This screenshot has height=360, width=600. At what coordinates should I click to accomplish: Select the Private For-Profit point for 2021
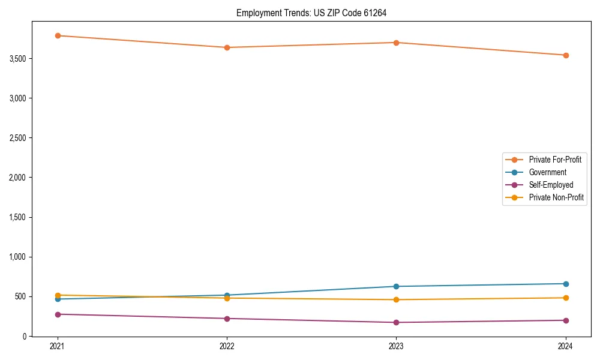(x=58, y=35)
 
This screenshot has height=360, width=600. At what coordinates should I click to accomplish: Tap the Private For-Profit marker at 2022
(x=227, y=47)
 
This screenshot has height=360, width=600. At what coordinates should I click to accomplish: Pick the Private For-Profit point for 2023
(x=397, y=43)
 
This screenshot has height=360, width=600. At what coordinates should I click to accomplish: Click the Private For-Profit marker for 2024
(x=566, y=55)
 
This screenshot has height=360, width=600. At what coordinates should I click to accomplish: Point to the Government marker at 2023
(x=397, y=286)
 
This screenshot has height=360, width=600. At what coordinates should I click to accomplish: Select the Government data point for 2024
(x=566, y=284)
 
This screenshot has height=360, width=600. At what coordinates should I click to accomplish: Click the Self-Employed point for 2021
(x=58, y=314)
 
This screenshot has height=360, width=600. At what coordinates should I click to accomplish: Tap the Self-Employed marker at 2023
(x=397, y=322)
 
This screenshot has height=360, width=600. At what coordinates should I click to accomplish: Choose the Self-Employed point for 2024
(x=566, y=320)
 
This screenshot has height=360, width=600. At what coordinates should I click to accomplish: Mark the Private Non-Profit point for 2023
(x=397, y=299)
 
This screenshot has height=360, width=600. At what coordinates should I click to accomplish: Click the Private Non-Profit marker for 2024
(x=566, y=298)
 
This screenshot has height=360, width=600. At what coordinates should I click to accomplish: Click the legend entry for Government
(x=547, y=172)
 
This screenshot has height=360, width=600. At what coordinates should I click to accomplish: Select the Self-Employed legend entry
(x=551, y=185)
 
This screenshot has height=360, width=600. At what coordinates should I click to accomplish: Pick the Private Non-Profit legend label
(x=556, y=197)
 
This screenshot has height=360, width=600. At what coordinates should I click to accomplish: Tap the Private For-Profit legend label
(x=555, y=160)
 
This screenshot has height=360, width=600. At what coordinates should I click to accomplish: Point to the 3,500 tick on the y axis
(x=18, y=59)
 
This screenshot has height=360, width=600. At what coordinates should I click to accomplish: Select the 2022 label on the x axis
(x=227, y=346)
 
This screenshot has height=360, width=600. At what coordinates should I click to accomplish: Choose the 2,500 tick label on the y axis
(x=18, y=138)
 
